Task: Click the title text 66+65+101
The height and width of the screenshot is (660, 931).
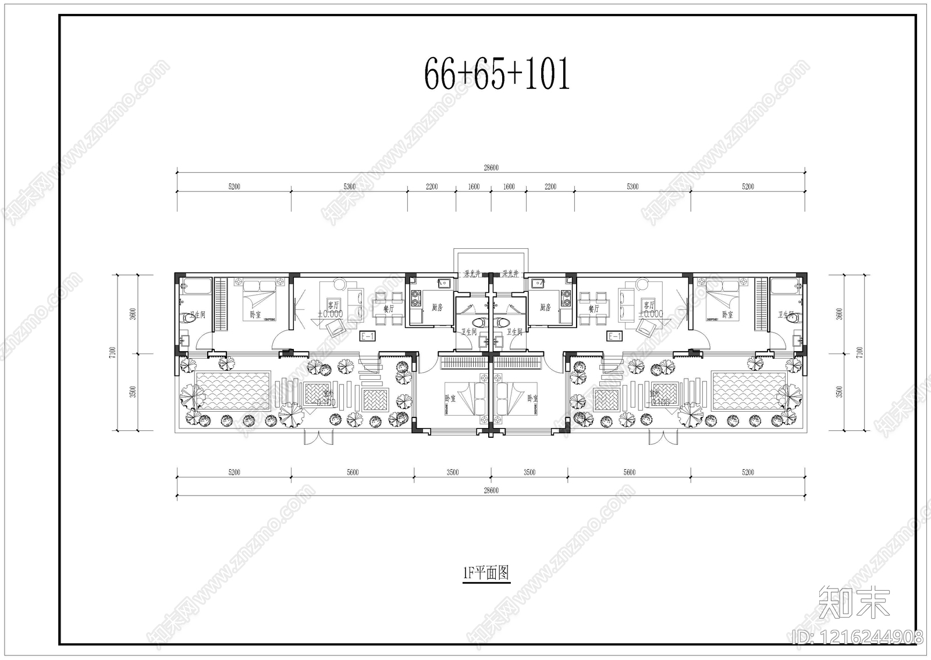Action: [496, 74]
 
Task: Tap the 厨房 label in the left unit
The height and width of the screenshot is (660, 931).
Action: [437, 307]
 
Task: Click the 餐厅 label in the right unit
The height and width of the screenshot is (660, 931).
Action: [594, 309]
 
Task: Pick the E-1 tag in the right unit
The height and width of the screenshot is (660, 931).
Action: [614, 336]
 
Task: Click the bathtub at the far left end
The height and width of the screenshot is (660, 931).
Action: [196, 287]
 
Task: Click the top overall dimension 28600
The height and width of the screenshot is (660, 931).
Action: [491, 168]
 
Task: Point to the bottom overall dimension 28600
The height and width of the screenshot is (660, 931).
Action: [491, 490]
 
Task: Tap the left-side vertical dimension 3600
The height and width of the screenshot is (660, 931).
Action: [133, 313]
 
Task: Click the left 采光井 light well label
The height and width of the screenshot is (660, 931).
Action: [471, 273]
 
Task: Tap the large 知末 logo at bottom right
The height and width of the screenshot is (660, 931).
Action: [854, 602]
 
